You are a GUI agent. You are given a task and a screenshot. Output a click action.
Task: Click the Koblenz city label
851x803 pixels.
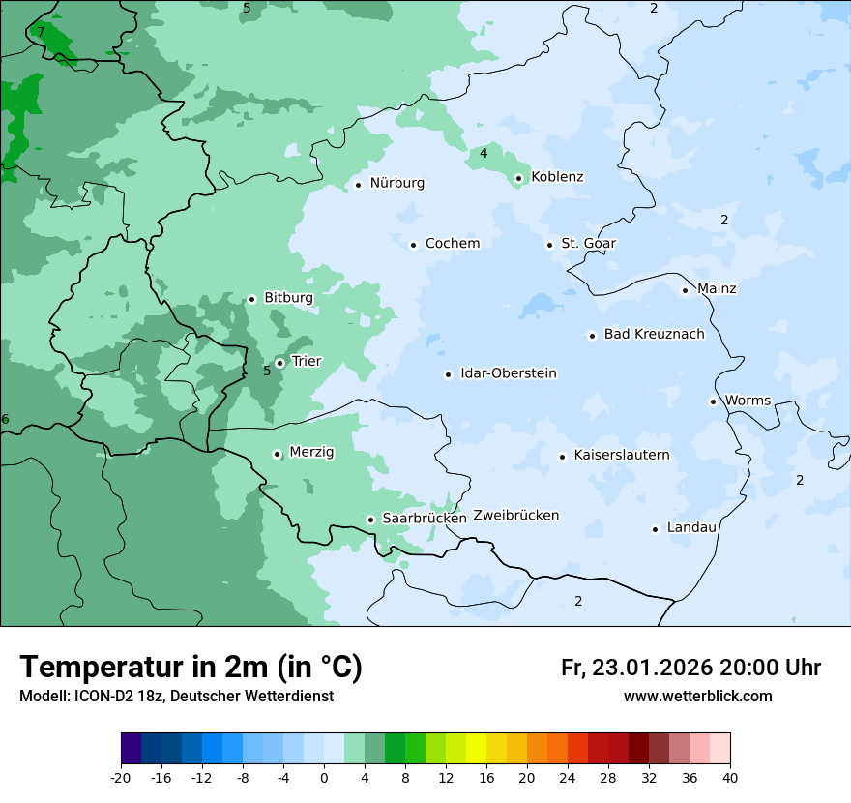(x=557, y=177)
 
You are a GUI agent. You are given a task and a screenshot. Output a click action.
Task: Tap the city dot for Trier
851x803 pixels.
(x=279, y=363)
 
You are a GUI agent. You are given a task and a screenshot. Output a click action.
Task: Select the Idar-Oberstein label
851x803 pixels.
(x=508, y=373)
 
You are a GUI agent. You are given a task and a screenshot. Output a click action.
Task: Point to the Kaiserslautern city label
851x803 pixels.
(x=621, y=455)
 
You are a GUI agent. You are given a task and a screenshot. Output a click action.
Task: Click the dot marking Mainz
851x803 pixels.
(x=685, y=290)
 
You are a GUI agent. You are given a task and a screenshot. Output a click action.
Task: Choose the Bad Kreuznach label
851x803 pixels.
(x=654, y=334)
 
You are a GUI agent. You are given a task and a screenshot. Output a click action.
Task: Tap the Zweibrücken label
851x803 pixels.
(x=515, y=515)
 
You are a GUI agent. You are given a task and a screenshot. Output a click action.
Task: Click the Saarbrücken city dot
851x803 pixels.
(x=370, y=520)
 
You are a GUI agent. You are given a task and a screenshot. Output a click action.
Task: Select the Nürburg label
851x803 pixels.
(x=396, y=183)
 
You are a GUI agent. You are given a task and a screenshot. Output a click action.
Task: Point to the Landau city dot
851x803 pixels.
(x=655, y=529)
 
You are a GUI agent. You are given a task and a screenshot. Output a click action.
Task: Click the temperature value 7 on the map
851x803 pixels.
(x=41, y=32)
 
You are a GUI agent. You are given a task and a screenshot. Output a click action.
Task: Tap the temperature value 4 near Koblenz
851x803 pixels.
(x=484, y=153)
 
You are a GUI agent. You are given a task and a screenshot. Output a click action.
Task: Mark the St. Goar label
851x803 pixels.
(x=588, y=244)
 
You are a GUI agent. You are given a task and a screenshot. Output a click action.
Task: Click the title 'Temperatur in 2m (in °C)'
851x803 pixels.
(x=191, y=668)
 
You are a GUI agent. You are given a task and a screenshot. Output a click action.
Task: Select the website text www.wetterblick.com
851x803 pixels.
(x=697, y=697)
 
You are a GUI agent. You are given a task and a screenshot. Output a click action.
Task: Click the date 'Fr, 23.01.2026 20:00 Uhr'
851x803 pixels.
(x=690, y=668)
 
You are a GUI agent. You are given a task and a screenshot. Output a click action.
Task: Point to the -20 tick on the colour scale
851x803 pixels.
(x=121, y=777)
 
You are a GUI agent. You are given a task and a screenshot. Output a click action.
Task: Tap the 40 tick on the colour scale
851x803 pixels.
(x=730, y=777)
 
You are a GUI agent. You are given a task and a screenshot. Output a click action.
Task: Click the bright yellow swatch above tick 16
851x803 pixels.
(x=476, y=749)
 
